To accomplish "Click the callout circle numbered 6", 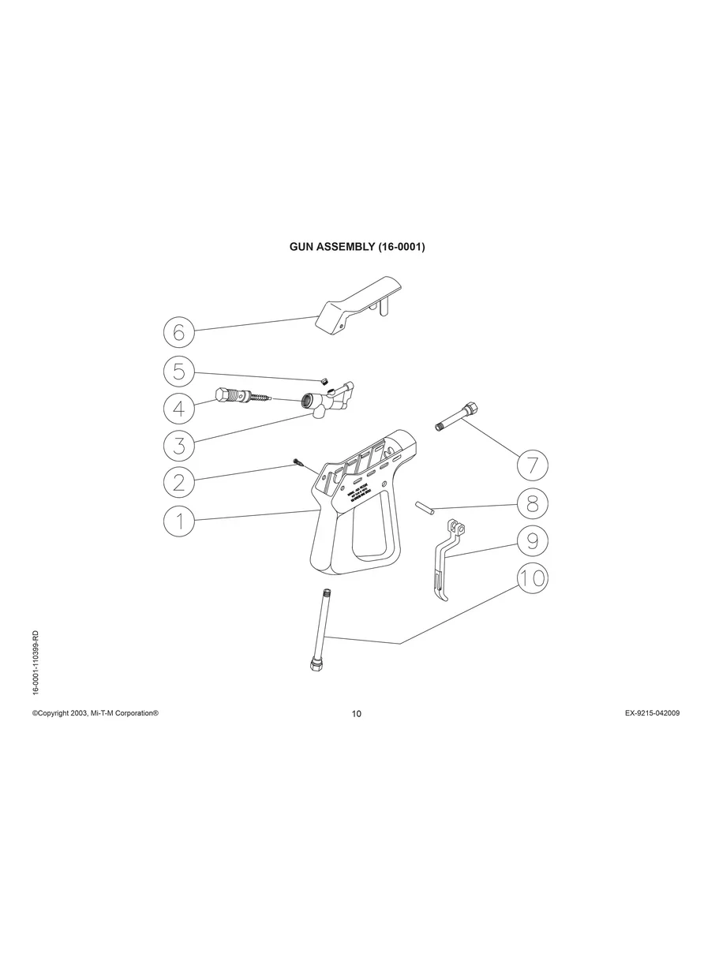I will [x=179, y=332].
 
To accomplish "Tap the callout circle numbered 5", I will [x=179, y=371].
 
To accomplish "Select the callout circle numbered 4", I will [x=179, y=408].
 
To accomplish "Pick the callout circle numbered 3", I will [x=179, y=445].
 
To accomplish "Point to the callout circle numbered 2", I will [x=179, y=482].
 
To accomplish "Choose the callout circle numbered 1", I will [x=179, y=521].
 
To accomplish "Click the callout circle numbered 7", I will [x=533, y=465].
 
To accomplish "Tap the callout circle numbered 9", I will [x=533, y=540].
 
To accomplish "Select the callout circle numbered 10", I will [x=533, y=577].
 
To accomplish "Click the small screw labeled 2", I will [x=298, y=463].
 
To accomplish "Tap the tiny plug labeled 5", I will [x=323, y=381].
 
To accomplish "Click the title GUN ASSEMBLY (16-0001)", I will [x=357, y=247].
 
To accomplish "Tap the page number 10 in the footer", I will [x=357, y=714].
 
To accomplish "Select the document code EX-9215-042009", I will [x=652, y=712].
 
